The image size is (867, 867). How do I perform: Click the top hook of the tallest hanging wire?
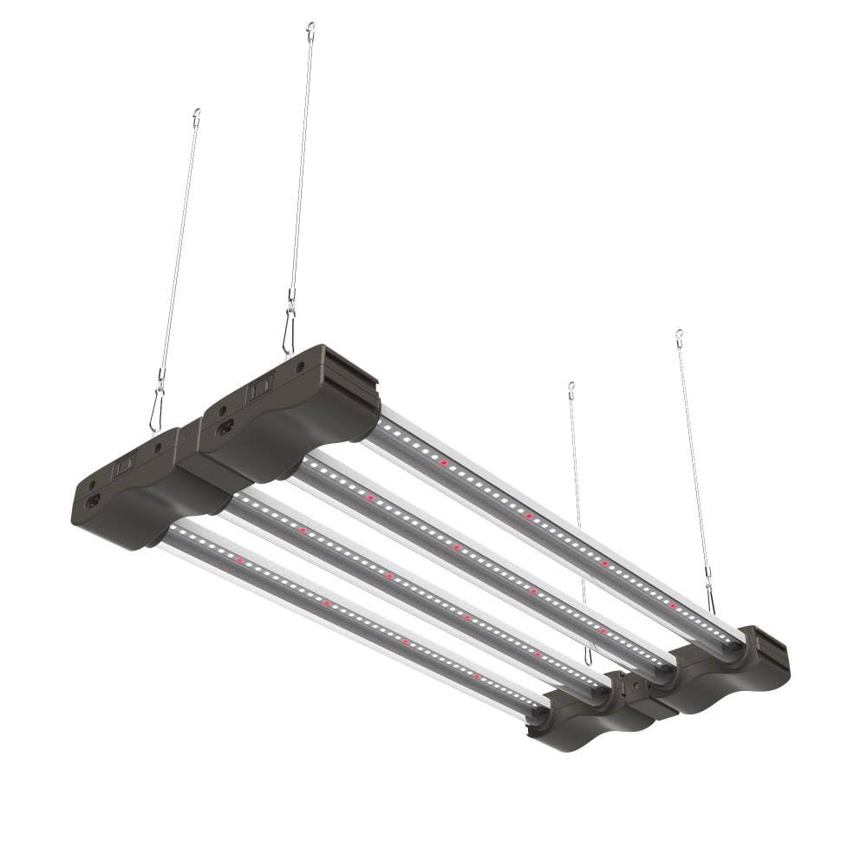[x=310, y=29]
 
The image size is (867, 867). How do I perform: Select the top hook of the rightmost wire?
[x=679, y=334]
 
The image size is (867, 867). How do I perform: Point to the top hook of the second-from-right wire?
[x=570, y=387]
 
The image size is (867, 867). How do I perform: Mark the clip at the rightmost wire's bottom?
[x=711, y=598]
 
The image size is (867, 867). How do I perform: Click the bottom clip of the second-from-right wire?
[x=590, y=656]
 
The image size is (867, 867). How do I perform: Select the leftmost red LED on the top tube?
[x=444, y=464]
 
